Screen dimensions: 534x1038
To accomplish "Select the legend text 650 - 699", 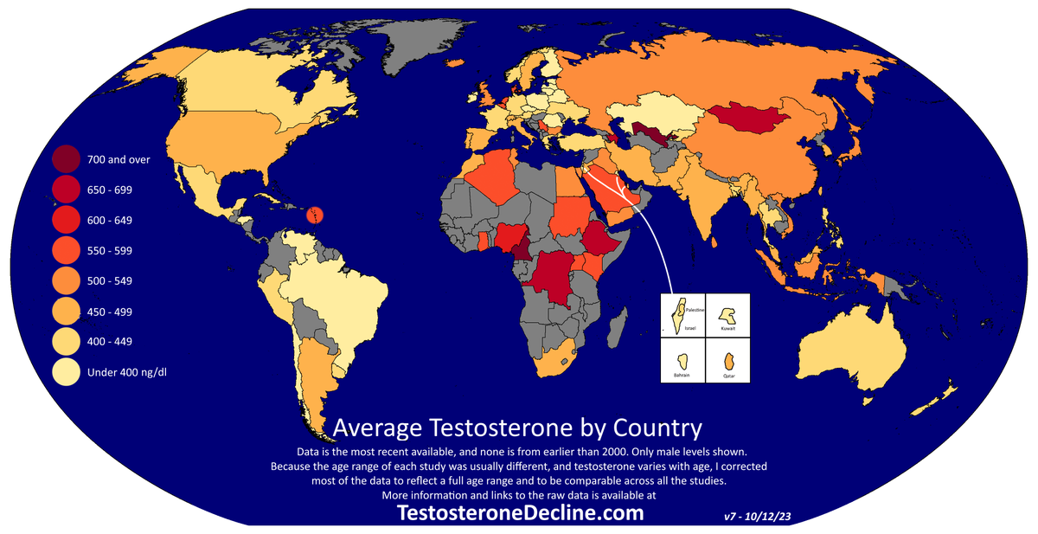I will (x=109, y=190).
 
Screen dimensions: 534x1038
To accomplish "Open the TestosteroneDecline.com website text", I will (x=519, y=513).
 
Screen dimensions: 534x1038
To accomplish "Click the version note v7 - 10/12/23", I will (x=758, y=516).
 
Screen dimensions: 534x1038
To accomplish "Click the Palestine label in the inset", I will (x=695, y=309).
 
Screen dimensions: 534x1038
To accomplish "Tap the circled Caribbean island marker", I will (x=316, y=214).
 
